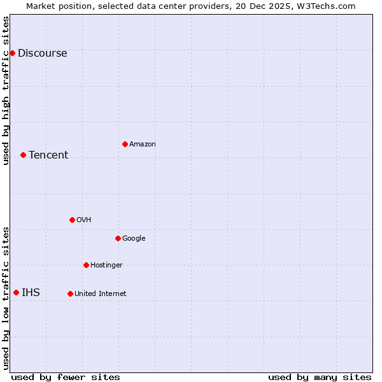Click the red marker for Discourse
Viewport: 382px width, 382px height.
[x=12, y=53]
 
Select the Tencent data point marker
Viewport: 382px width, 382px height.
[x=23, y=155]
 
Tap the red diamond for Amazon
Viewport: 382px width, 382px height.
[x=125, y=144]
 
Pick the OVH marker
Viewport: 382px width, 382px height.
[x=72, y=220]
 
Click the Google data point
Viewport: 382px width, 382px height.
[x=118, y=238]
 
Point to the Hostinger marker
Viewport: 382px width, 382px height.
[x=86, y=265]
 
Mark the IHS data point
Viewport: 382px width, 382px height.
[x=16, y=292]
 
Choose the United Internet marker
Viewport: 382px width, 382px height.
[x=70, y=294]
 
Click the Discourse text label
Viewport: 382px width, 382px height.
[x=42, y=53]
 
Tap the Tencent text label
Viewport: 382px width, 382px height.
[x=48, y=155]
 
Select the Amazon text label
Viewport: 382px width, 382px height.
[x=143, y=145]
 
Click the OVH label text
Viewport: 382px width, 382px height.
[x=84, y=220]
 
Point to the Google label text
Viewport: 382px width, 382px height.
[x=134, y=239]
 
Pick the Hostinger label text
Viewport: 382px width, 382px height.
[x=106, y=265]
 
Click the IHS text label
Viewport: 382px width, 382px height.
[x=31, y=293]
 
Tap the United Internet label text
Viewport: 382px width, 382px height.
[x=101, y=294]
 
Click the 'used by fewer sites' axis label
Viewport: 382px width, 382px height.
[x=66, y=377]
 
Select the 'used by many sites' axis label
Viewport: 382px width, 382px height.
[x=320, y=377]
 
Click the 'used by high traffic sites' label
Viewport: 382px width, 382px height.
[x=6, y=90]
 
